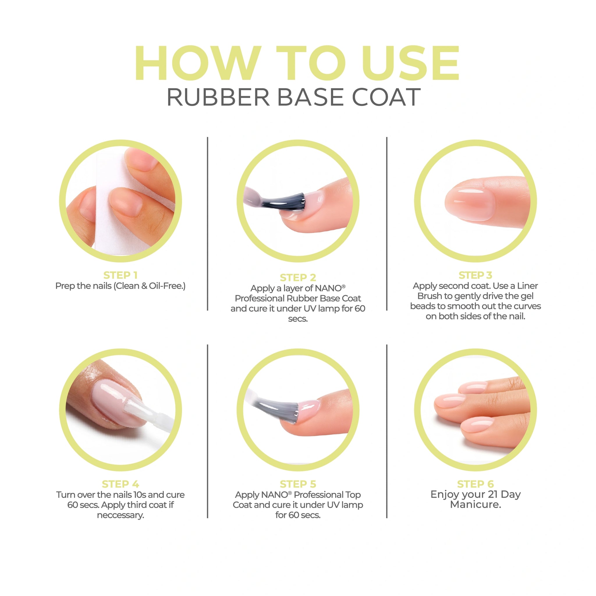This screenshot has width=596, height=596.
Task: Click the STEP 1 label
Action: coord(120,275)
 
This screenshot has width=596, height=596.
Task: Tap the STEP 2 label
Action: coord(298,277)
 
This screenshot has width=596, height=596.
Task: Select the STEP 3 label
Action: coord(476,275)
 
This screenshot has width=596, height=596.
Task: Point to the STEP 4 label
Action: coord(120,484)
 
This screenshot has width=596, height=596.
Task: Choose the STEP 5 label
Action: coord(298,484)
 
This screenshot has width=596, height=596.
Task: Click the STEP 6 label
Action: coord(476,484)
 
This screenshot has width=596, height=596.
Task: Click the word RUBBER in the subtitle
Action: coord(218,97)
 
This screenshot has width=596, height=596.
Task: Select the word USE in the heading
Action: coord(411,63)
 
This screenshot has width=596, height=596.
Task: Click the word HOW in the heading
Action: coord(198,63)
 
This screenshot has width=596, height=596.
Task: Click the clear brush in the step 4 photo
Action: coord(145,410)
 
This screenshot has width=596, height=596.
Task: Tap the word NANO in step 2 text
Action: coord(328,288)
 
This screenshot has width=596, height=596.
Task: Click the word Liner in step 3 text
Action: coord(528,286)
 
